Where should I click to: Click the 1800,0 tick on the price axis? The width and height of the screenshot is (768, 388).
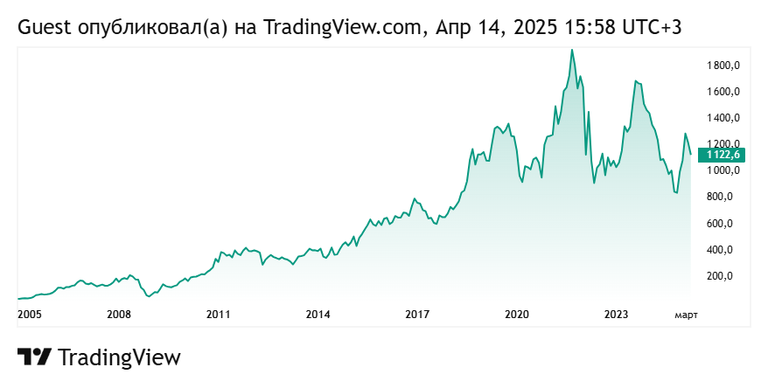coord(724,66)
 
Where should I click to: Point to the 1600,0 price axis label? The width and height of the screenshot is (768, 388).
coord(724,92)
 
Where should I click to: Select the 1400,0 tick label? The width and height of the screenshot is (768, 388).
coord(724,118)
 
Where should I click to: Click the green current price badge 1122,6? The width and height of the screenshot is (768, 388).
coord(724,155)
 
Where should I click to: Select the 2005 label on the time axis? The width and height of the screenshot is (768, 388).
coord(30,314)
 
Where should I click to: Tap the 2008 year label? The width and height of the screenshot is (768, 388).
coord(119,314)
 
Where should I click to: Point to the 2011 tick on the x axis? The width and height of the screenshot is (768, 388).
coord(218,314)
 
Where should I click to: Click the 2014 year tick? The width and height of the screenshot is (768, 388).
coord(318,314)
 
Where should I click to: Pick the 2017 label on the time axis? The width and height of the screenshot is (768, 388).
coord(417,314)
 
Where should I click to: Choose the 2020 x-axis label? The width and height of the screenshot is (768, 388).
coord(517,314)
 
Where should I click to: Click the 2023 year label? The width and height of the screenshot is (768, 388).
coord(617,314)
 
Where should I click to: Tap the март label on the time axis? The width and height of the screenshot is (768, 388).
coord(685,314)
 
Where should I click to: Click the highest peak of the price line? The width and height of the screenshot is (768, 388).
coord(572,50)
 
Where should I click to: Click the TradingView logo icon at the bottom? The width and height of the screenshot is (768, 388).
coord(34,357)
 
